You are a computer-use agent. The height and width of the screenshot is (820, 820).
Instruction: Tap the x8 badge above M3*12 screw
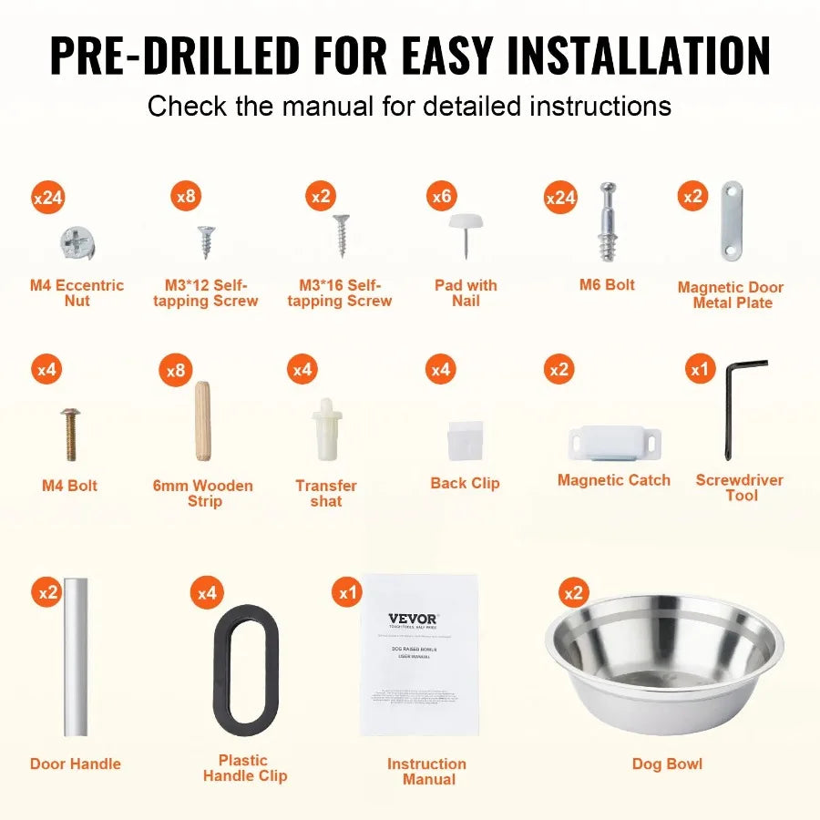click(x=186, y=195)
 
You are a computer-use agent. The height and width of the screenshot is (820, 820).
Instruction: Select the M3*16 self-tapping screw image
click(x=342, y=235)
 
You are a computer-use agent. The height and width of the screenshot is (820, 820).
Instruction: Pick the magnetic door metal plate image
click(x=732, y=221)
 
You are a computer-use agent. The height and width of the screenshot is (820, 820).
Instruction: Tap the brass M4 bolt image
click(x=70, y=434)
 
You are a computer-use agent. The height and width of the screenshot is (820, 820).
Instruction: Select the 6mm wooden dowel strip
click(x=202, y=422)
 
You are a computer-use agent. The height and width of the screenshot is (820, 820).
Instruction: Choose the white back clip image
click(x=466, y=439)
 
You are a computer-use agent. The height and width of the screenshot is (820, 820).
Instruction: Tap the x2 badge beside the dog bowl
click(x=573, y=593)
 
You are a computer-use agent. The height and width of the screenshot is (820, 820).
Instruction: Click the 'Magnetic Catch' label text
click(x=613, y=480)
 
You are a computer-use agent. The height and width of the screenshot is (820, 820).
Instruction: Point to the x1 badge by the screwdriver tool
click(x=700, y=370)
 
